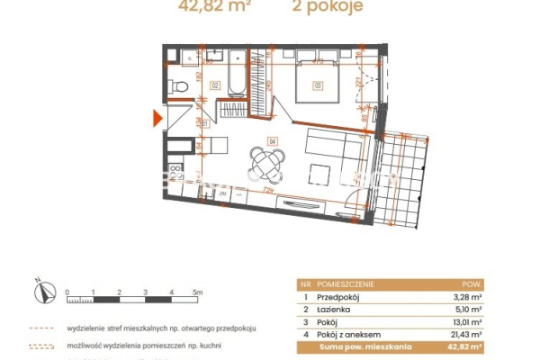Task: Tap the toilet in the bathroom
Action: (180, 86)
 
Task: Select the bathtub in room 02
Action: (237, 74)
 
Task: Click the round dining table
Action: (268, 164)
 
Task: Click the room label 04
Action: (271, 140)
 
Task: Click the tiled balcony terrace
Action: (401, 180)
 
